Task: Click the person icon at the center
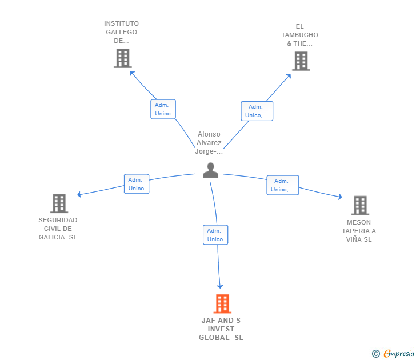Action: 210,170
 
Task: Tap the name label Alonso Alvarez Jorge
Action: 209,143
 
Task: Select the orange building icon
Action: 222,303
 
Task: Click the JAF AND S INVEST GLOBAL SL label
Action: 221,329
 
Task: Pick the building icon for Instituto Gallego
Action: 122,58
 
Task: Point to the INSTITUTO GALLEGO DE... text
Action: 121,32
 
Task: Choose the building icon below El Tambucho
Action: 301,61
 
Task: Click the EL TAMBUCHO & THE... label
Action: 299,35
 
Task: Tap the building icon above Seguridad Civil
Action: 59,203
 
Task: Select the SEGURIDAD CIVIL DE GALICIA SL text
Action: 58,229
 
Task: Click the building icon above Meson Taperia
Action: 359,205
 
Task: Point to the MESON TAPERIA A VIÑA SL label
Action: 359,231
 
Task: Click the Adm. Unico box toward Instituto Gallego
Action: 163,109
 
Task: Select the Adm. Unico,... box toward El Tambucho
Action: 257,111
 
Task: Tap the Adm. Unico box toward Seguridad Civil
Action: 136,184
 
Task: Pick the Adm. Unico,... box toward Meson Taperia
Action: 282,185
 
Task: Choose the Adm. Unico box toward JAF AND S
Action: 215,235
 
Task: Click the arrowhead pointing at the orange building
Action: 220,285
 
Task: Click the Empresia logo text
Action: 399,354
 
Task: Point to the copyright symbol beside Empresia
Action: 376,354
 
